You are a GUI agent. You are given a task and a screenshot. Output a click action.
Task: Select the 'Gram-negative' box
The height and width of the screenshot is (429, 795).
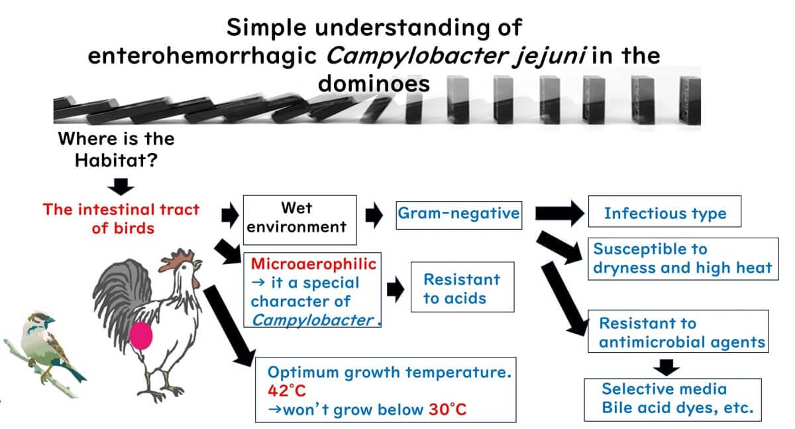458,213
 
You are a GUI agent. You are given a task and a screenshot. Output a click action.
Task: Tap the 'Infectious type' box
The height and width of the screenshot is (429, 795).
664,213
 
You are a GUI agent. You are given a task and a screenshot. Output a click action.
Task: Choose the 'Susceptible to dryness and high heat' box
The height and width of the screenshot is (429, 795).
682,258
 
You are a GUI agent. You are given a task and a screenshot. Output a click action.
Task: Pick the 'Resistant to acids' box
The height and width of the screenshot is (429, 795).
462,288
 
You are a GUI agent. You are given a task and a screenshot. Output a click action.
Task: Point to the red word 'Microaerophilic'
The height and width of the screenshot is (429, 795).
313,264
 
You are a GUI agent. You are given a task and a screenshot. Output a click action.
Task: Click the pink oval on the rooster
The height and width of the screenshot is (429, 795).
140,336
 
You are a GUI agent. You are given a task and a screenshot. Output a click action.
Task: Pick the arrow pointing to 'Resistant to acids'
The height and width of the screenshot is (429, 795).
395,289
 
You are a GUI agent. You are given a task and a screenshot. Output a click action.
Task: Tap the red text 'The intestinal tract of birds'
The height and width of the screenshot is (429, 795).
121,218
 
